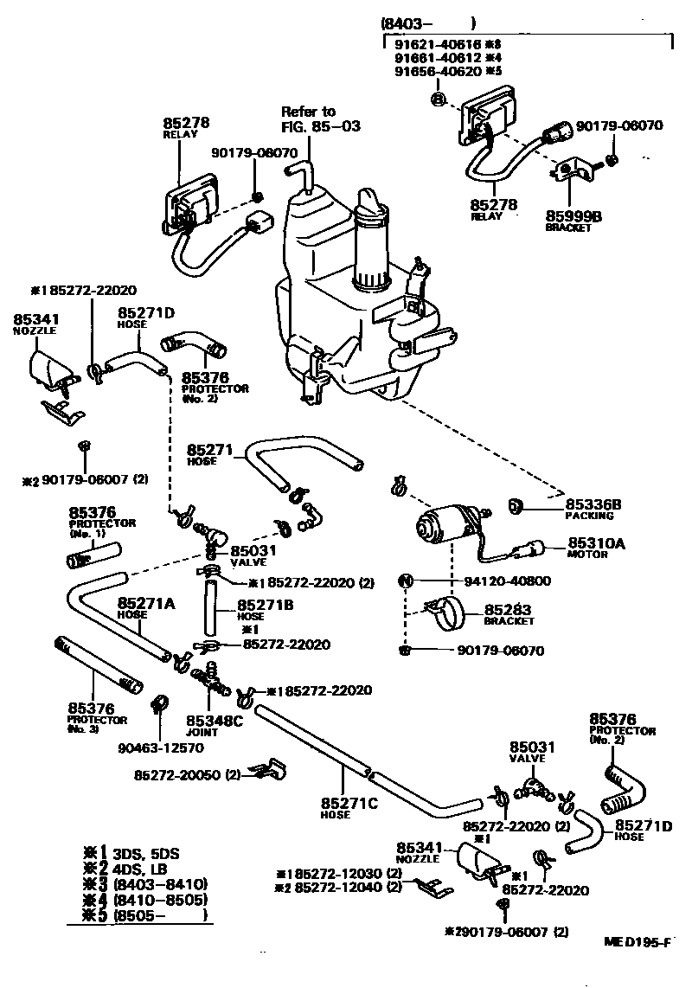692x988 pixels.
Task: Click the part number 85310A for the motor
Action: coord(596,544)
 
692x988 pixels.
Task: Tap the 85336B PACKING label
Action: coord(593,509)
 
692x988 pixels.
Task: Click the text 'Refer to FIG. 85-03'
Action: coord(320,119)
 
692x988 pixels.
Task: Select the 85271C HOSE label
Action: coord(349,808)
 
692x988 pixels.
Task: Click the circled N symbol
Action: coord(405,581)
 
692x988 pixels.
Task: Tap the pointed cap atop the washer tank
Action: coord(372,201)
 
